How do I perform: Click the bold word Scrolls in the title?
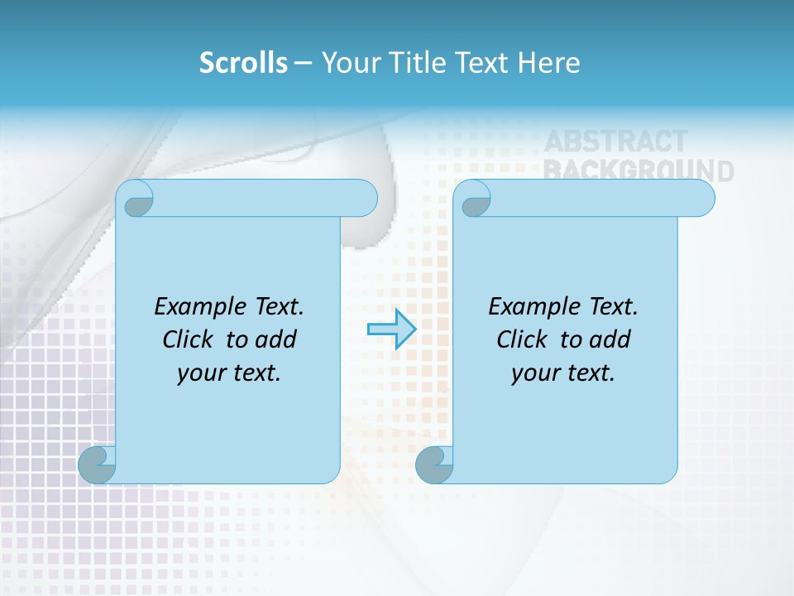(243, 63)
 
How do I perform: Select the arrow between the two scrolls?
(391, 329)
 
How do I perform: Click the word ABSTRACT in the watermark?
(615, 142)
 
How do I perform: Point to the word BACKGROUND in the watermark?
(638, 171)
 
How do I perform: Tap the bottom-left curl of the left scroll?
(97, 464)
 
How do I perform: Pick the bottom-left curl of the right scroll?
(434, 464)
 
